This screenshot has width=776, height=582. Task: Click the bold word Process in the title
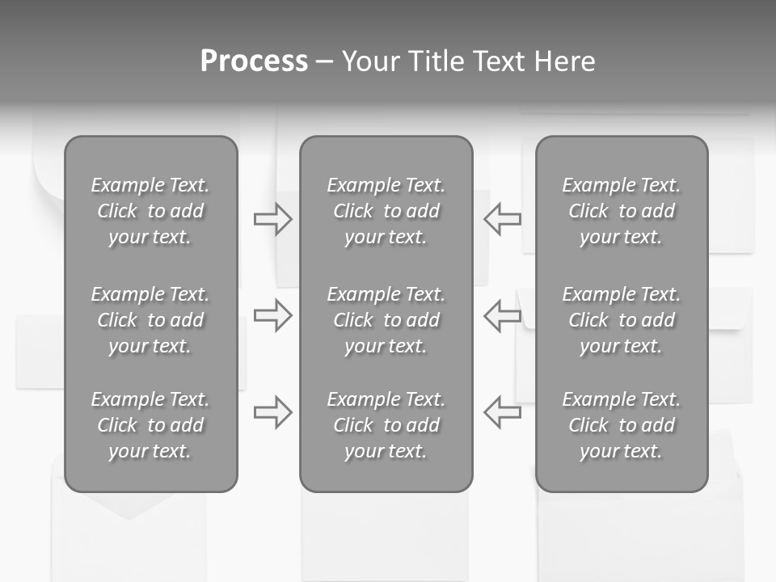click(x=254, y=61)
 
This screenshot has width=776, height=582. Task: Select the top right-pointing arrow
click(x=272, y=219)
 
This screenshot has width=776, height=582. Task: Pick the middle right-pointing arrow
click(x=272, y=315)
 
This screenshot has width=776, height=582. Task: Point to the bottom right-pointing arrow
click(x=272, y=411)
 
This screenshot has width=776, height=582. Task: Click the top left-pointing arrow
click(x=502, y=219)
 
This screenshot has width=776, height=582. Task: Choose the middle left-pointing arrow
click(x=502, y=315)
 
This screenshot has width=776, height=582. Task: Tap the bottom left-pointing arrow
click(x=502, y=411)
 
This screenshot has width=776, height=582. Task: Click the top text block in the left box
click(x=150, y=211)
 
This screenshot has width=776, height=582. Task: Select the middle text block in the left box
click(x=150, y=320)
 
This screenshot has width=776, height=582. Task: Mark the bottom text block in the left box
click(x=150, y=425)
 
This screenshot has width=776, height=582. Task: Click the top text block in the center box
click(x=386, y=211)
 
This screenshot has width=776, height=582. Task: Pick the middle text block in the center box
click(x=386, y=320)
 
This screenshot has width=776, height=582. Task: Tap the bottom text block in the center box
click(x=386, y=425)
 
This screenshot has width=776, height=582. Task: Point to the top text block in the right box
click(x=621, y=211)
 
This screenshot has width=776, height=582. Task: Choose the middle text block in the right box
click(x=621, y=320)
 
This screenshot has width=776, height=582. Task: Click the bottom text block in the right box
click(x=621, y=425)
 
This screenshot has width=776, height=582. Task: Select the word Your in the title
click(x=369, y=61)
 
